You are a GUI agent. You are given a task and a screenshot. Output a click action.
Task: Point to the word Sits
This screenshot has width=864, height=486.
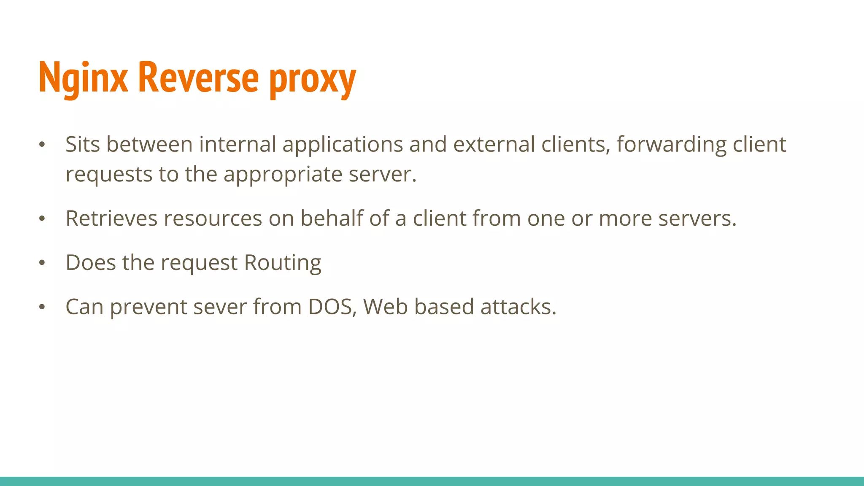pyautogui.click(x=83, y=144)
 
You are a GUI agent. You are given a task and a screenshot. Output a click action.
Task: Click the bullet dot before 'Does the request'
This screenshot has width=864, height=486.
pyautogui.click(x=42, y=263)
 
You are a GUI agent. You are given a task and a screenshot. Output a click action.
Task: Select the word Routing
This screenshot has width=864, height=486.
pyautogui.click(x=283, y=263)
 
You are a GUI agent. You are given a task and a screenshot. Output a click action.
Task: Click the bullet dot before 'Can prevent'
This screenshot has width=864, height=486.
pyautogui.click(x=42, y=307)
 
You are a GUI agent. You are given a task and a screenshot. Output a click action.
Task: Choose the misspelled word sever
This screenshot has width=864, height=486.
pyautogui.click(x=220, y=307)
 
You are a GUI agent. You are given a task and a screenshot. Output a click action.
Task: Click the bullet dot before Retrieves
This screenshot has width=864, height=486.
pyautogui.click(x=42, y=219)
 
